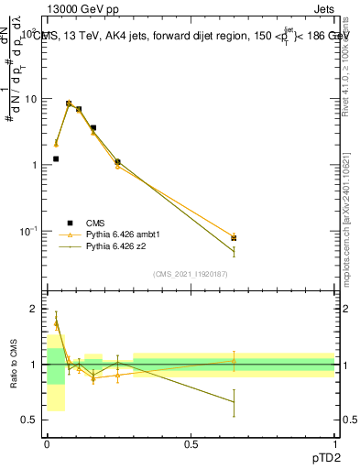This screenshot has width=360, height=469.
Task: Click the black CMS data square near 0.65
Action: [x=235, y=238]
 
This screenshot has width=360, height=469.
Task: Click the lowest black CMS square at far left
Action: [x=56, y=158]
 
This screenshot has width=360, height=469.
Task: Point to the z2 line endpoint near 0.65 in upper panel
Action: [x=235, y=251]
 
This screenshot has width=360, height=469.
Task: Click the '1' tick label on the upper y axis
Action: [x=36, y=165]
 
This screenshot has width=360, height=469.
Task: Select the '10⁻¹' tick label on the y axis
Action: [x=29, y=230]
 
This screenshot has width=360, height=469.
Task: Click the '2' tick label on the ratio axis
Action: [x=36, y=310]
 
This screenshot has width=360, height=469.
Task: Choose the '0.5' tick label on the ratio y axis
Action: [x=31, y=420]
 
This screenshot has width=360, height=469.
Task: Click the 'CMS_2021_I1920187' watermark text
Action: [x=191, y=275]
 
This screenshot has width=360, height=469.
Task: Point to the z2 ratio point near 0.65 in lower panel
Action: [x=235, y=402]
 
